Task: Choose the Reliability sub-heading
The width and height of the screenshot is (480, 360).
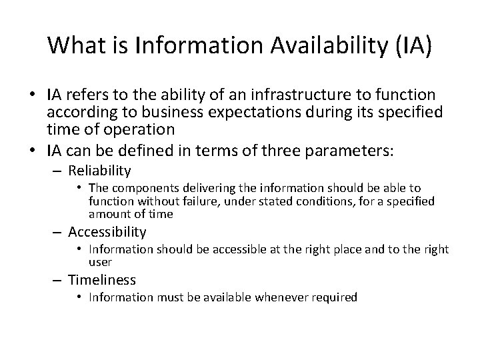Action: point(99,171)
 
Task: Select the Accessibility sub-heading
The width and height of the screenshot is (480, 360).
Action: point(107,231)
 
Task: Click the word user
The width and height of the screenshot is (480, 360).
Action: point(100,262)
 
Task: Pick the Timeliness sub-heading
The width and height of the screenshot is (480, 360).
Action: point(102,280)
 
